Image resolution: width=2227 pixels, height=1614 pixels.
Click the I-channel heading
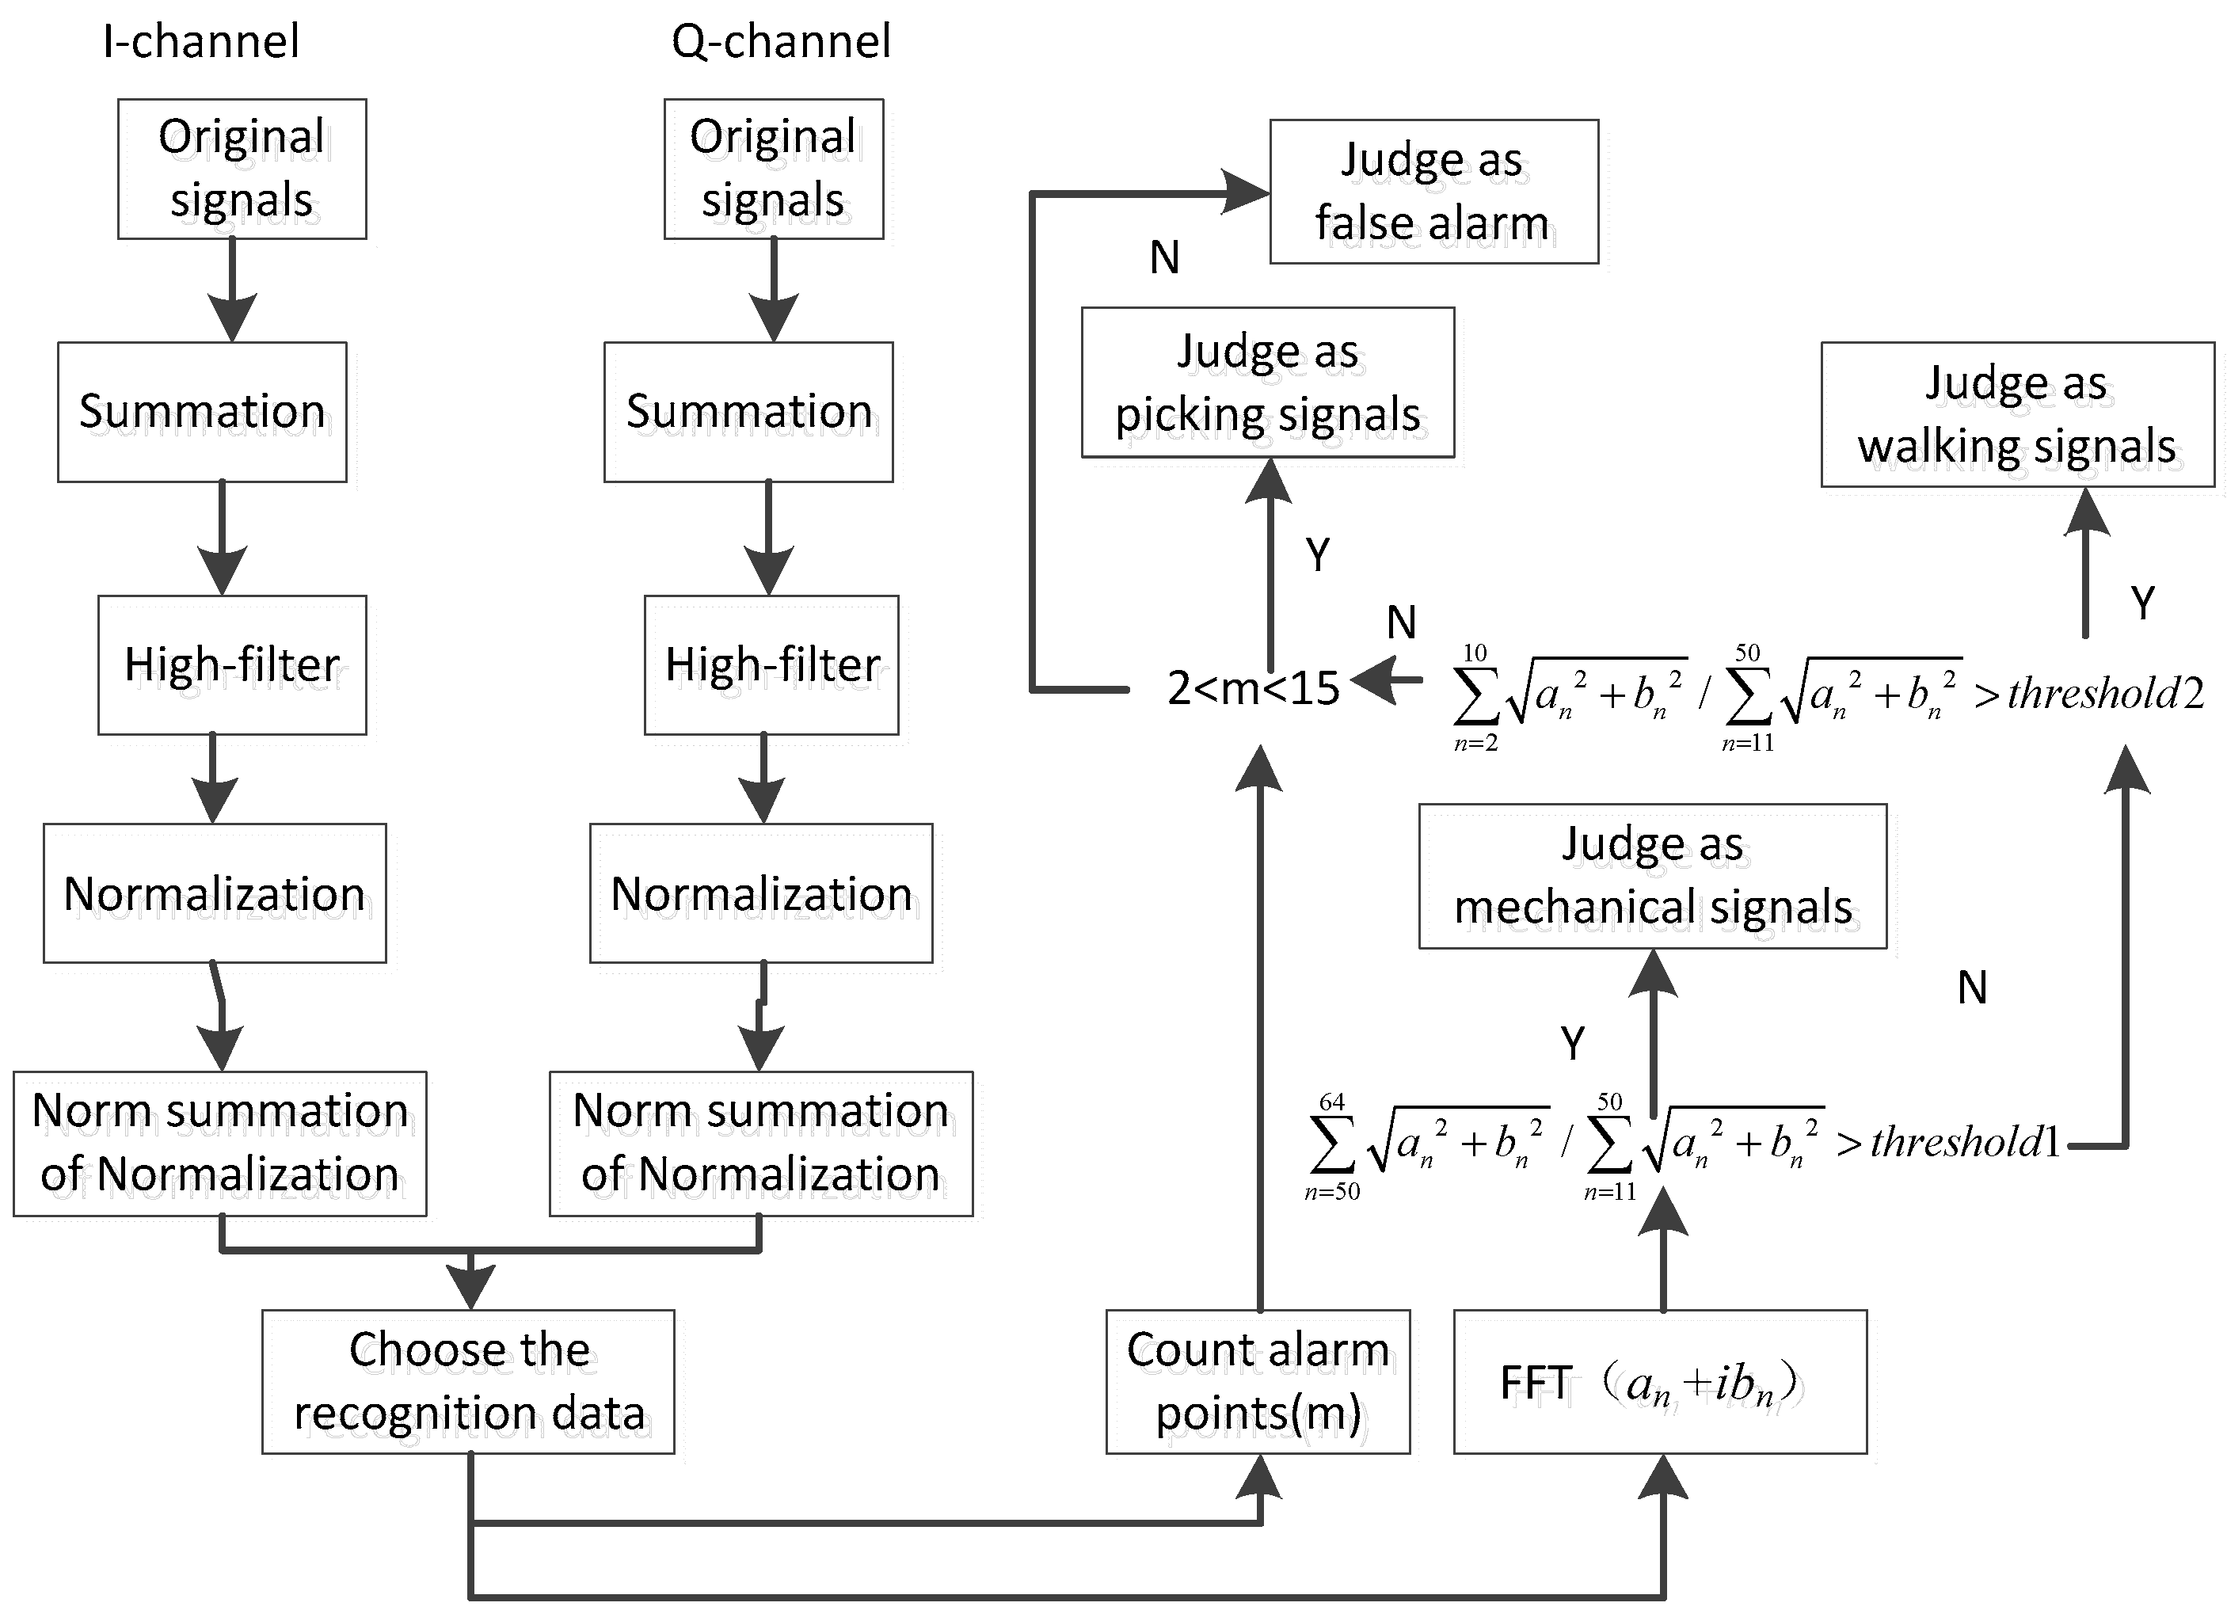click(201, 42)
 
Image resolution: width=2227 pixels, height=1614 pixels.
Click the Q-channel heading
click(781, 42)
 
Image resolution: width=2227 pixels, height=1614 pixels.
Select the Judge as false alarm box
click(1433, 192)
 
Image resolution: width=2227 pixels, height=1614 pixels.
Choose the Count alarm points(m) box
click(1257, 1381)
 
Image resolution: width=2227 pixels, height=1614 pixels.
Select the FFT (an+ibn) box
click(1658, 1381)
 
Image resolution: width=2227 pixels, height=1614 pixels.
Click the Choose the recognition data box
click(468, 1381)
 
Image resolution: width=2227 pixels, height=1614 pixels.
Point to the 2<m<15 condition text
click(1253, 688)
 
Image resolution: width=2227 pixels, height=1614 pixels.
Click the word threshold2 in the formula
click(2105, 694)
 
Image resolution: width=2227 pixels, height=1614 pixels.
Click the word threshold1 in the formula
click(1965, 1143)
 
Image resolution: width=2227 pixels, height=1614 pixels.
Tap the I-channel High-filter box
click(232, 664)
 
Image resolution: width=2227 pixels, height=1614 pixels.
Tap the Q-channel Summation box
click(748, 411)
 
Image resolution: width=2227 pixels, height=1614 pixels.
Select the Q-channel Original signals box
click(773, 168)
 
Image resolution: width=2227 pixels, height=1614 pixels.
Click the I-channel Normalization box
click(214, 893)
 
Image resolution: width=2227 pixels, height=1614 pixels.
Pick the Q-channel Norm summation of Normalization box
click(760, 1143)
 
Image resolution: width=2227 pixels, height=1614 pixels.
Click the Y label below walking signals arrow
click(2142, 602)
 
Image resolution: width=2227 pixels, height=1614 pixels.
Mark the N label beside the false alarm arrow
click(1164, 257)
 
